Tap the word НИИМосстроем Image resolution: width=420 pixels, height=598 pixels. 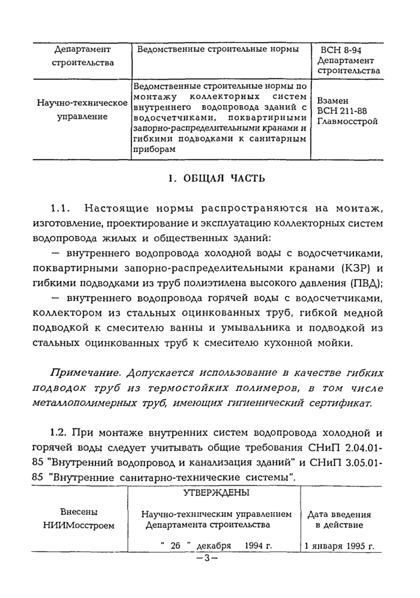(x=79, y=525)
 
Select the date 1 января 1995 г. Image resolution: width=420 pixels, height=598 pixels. (x=339, y=547)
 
